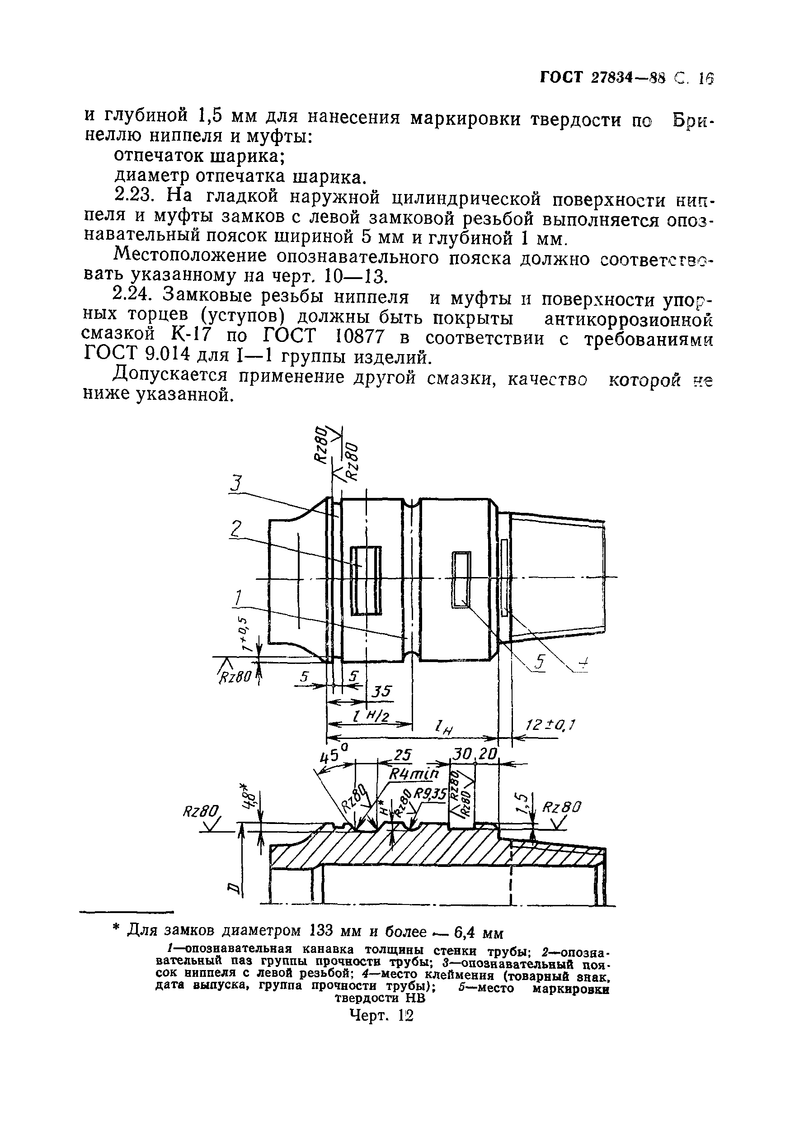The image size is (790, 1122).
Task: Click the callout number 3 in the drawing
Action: click(x=236, y=484)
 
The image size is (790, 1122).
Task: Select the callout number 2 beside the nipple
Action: click(x=236, y=528)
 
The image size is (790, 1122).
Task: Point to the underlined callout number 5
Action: click(x=540, y=663)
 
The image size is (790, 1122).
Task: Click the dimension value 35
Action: click(x=381, y=691)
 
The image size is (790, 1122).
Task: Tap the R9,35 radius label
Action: click(x=430, y=794)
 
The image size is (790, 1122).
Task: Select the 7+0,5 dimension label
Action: click(x=249, y=633)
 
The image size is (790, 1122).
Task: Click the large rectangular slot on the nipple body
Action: click(x=366, y=580)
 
